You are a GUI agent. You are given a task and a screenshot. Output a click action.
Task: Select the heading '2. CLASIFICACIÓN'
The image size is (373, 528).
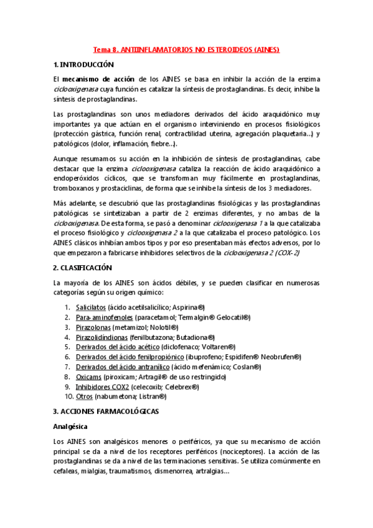[x=82, y=268]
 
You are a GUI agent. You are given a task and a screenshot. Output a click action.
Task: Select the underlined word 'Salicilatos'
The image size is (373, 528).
[x=91, y=308]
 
